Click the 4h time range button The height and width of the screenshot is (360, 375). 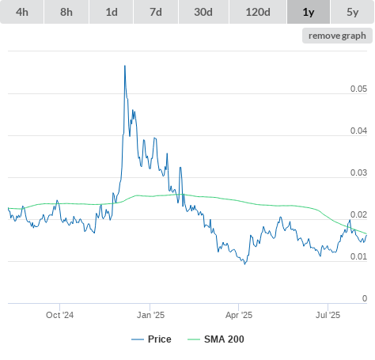[x=22, y=12]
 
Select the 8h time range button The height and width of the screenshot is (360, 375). [x=66, y=12]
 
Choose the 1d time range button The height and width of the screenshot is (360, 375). [x=112, y=12]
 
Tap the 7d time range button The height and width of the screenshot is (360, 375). [x=156, y=12]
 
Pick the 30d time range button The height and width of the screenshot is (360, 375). [x=203, y=12]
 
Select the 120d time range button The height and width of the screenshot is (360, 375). [x=258, y=12]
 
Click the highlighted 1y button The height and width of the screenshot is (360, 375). [x=309, y=12]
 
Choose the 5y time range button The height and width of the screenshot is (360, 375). [x=353, y=12]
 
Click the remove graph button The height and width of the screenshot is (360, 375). [x=337, y=36]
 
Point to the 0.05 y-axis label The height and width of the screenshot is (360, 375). [x=358, y=89]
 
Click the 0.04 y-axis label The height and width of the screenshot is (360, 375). [x=358, y=131]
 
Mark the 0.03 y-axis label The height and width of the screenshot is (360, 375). [x=358, y=172]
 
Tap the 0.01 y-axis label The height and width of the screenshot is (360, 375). [x=358, y=256]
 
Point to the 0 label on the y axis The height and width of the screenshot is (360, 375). [x=365, y=298]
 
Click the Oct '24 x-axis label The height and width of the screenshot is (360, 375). [x=59, y=315]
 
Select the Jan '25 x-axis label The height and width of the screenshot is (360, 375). [x=150, y=315]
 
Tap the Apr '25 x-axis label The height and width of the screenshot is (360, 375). [x=239, y=315]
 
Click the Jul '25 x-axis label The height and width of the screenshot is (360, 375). [x=328, y=315]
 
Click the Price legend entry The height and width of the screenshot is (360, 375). [x=151, y=339]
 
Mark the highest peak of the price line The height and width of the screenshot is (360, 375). [x=125, y=66]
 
